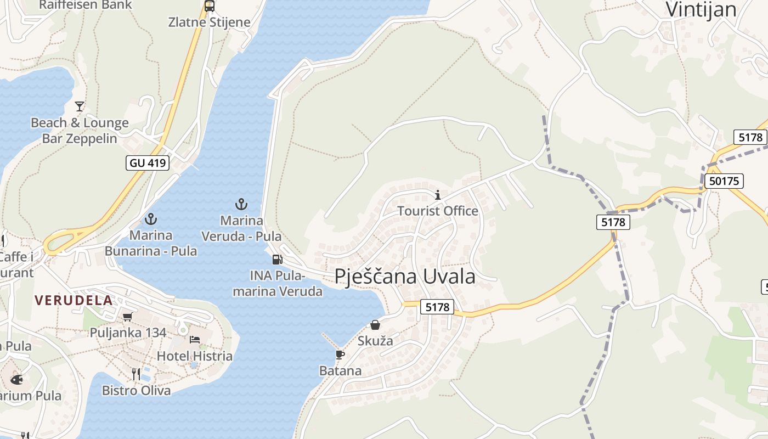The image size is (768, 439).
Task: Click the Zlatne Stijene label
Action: tap(209, 22)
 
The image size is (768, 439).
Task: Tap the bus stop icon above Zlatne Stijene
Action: tap(209, 6)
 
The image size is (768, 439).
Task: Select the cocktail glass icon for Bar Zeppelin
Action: tap(80, 106)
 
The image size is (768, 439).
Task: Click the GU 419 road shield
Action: tap(148, 163)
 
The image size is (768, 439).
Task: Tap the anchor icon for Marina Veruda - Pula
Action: tap(241, 204)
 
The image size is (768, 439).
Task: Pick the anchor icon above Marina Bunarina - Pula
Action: tap(151, 219)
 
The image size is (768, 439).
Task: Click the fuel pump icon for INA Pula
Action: tap(277, 259)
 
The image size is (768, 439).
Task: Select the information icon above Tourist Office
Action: tap(438, 195)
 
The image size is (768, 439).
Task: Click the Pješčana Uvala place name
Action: tap(405, 276)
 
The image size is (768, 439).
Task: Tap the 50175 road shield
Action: tap(723, 181)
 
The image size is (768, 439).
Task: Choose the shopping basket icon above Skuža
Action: tap(375, 325)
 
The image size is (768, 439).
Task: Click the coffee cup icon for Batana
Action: tap(340, 354)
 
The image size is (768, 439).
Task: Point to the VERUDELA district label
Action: tap(74, 300)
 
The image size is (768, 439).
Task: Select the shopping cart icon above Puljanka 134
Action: tap(128, 317)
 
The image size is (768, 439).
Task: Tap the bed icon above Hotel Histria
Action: tap(195, 340)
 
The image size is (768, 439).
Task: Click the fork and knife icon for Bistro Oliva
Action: tap(136, 374)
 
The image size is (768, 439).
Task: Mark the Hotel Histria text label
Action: tap(195, 356)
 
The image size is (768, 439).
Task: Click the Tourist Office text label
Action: tap(438, 211)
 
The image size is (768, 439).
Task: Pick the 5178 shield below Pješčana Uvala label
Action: tap(437, 307)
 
